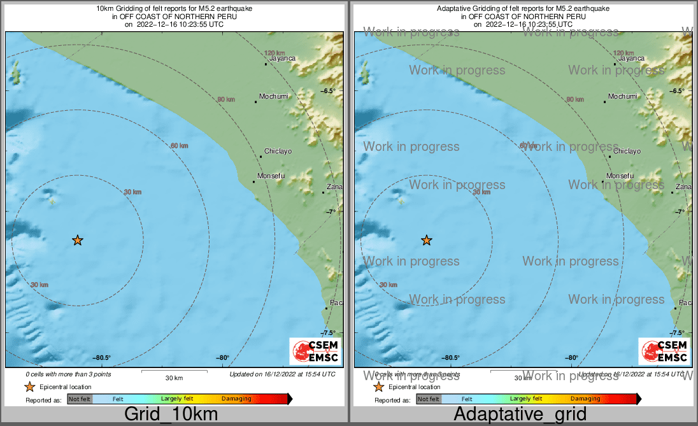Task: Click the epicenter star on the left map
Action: pos(78,240)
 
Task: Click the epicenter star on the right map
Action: pos(427,240)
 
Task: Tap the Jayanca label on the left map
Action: pos(282,59)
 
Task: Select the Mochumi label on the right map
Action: pos(622,97)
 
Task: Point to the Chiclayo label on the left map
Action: pos(278,152)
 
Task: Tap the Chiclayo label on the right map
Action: pos(627,152)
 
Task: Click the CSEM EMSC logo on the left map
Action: pos(315,351)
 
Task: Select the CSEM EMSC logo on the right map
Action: pos(664,351)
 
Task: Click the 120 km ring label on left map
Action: pos(274,53)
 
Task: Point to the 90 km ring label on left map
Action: pos(225,99)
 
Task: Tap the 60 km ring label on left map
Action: pos(180,146)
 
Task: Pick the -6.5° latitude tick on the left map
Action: pos(327,91)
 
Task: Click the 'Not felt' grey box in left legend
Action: pos(80,399)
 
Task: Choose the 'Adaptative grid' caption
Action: pos(520,415)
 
